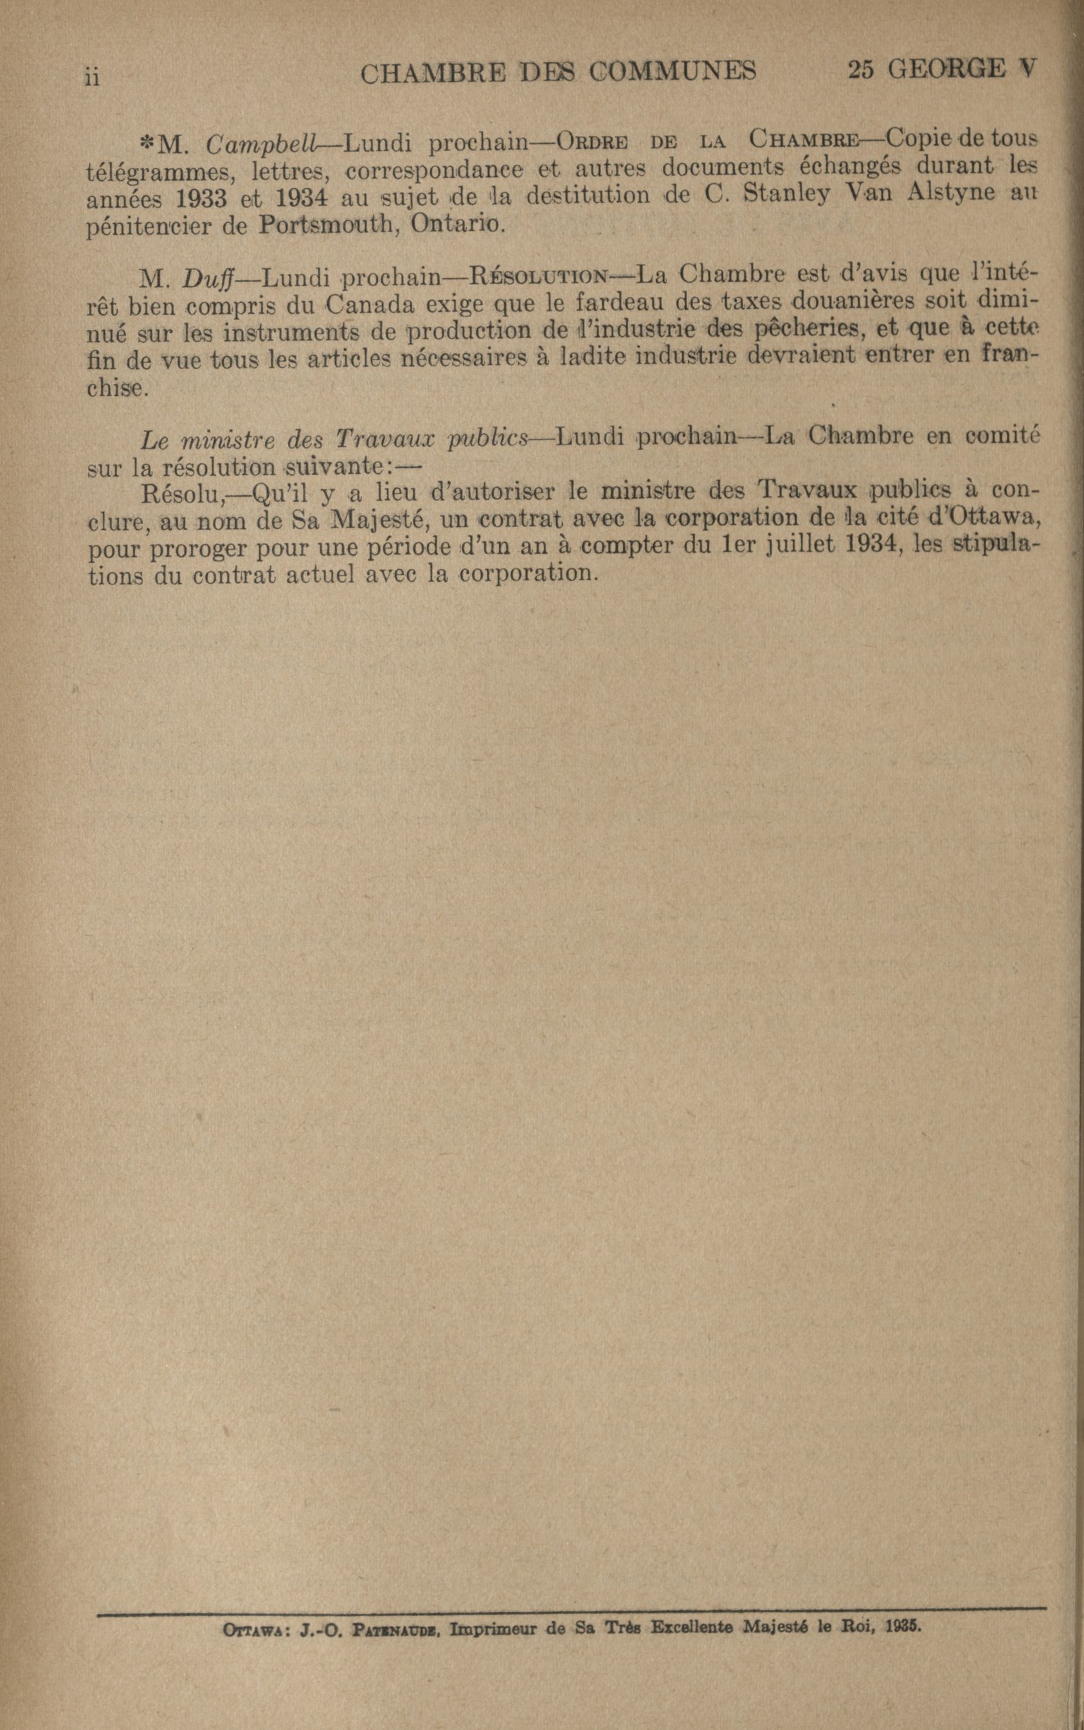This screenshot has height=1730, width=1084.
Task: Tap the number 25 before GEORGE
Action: [862, 69]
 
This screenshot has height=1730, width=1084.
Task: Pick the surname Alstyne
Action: [951, 194]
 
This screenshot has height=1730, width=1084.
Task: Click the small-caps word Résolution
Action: [539, 275]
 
